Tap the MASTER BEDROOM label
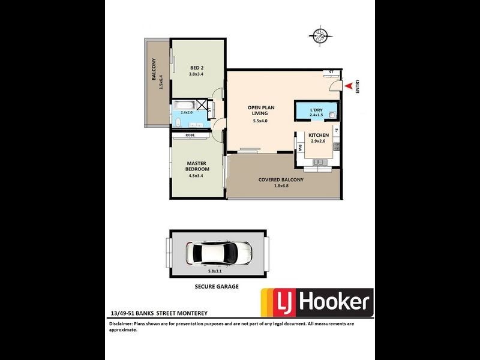coord(197,166)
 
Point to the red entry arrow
coord(347,88)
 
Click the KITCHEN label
coord(319,136)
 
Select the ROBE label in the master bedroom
coord(190,136)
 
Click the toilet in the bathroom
coord(179,123)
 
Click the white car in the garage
coord(218,254)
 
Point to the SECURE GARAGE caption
coord(217,287)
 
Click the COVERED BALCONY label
coord(281,179)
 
